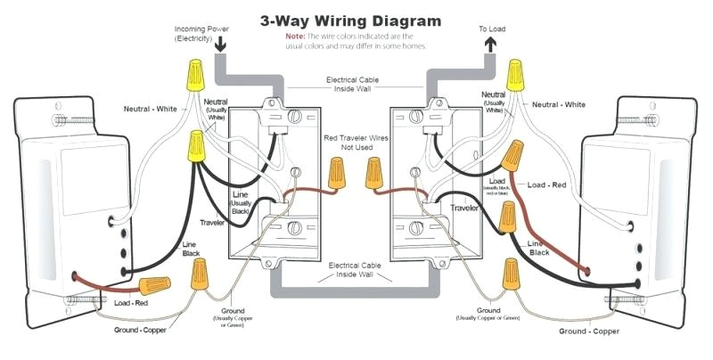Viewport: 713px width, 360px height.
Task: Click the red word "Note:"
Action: pyautogui.click(x=295, y=36)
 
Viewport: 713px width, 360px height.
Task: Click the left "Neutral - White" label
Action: pyautogui.click(x=158, y=109)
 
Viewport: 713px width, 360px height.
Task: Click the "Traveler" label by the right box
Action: pyautogui.click(x=463, y=207)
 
